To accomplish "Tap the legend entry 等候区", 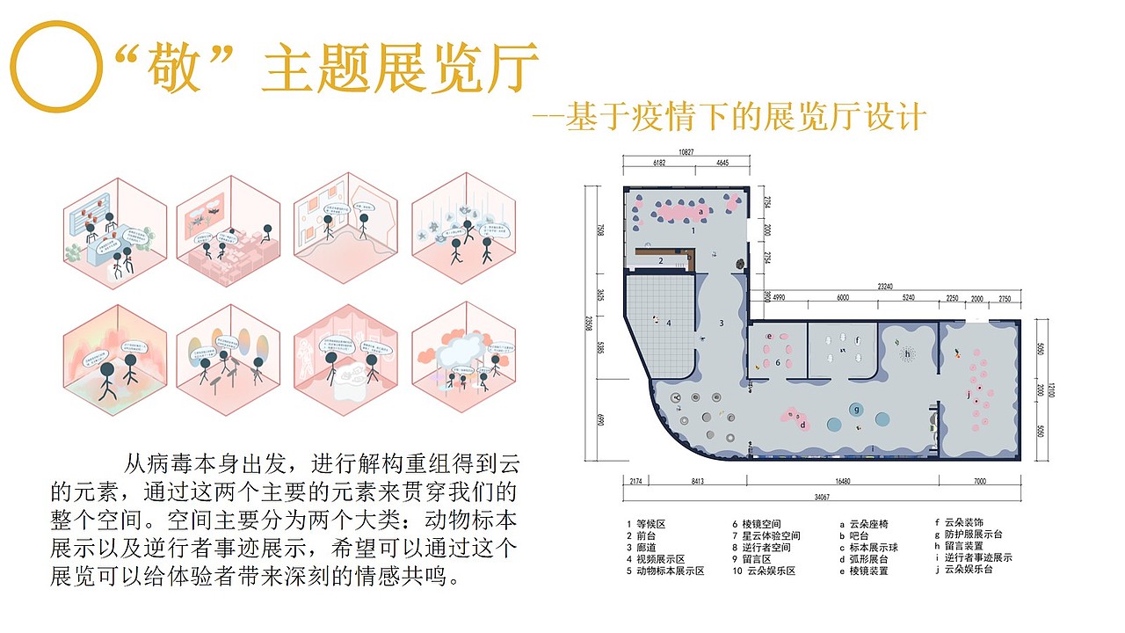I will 646,524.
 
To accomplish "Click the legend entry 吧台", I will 857,535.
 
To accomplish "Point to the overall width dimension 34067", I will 822,497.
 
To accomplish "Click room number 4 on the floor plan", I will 669,323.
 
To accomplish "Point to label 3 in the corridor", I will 721,323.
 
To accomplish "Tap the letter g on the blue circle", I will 855,409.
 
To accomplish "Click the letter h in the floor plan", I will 907,354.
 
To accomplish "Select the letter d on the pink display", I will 802,426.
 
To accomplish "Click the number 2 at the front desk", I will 660,260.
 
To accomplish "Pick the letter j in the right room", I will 969,395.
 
